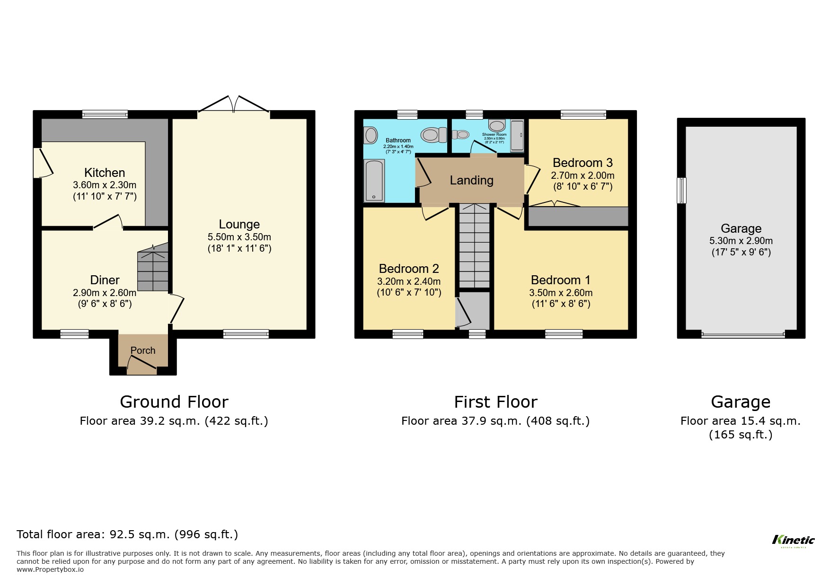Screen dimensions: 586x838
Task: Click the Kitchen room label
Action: coord(105,173)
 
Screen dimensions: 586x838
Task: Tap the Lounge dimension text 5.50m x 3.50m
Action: coord(239,237)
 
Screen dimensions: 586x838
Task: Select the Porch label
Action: coord(142,350)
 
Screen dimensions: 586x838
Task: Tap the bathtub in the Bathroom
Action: coord(374,180)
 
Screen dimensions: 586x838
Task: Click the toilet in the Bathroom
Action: coord(433,135)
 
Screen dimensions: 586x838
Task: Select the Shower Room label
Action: coord(494,135)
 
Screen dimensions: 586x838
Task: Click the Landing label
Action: coord(471,180)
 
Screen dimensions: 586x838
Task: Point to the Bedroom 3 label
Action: coord(582,163)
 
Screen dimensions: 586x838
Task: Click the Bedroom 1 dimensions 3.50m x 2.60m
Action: coord(560,293)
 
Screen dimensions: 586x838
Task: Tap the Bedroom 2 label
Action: coord(409,269)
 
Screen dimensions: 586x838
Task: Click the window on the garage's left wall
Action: coord(681,190)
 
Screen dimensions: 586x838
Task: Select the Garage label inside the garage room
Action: coord(741,229)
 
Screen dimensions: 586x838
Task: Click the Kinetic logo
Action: coord(793,540)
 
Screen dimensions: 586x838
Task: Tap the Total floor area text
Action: coord(127,534)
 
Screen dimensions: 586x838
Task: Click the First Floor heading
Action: coord(495,402)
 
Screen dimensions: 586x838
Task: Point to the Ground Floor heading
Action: coord(174,402)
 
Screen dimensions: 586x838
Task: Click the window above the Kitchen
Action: coord(105,114)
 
